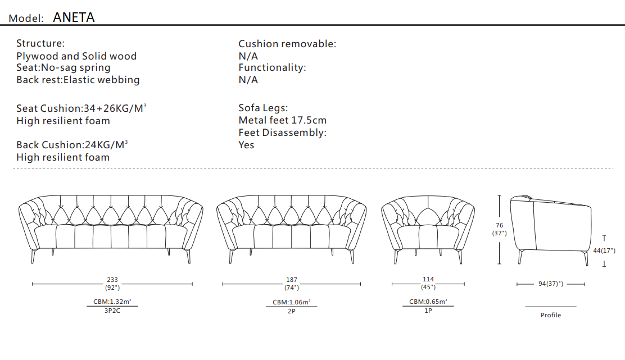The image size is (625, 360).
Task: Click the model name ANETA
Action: [74, 17]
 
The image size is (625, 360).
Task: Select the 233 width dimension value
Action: [112, 280]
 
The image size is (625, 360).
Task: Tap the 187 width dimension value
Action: [291, 280]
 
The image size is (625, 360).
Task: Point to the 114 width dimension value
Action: [428, 279]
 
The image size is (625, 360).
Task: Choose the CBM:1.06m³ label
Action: [291, 302]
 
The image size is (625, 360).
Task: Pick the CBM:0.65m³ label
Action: [428, 302]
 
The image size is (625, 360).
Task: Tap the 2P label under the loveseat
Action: [291, 311]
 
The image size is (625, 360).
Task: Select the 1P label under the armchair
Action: [428, 311]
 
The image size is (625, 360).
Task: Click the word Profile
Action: [551, 315]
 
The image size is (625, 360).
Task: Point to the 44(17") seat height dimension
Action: [604, 250]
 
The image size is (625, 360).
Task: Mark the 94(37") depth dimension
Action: [551, 284]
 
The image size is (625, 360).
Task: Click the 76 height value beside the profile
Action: [500, 225]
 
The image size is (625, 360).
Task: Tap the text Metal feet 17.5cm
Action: [282, 120]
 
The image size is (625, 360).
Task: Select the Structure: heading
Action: [40, 43]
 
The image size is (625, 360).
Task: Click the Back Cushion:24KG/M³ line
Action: [72, 145]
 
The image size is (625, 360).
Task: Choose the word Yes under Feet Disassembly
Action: [246, 145]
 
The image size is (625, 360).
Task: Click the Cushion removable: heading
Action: [287, 44]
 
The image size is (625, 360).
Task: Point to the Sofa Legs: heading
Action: [263, 108]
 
